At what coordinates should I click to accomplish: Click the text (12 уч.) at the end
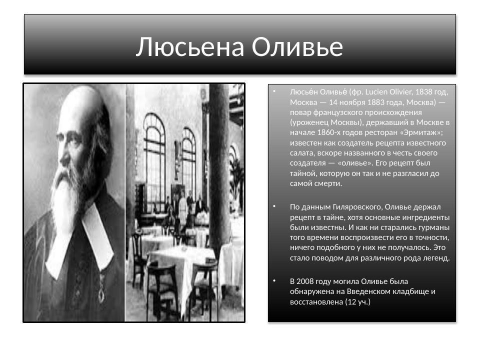pos(357,301)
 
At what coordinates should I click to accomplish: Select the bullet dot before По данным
pos(274,206)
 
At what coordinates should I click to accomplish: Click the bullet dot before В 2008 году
pos(274,281)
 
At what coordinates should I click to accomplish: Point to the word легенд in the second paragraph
pos(437,258)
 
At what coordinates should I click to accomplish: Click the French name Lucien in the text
pos(377,91)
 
